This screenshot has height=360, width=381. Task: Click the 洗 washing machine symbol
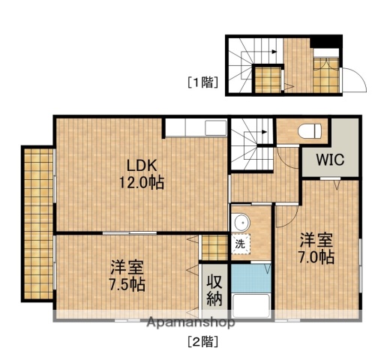pyautogui.click(x=240, y=244)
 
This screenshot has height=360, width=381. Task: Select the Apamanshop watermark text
pyautogui.click(x=190, y=322)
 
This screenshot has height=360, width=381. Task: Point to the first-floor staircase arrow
pyautogui.click(x=270, y=51)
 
